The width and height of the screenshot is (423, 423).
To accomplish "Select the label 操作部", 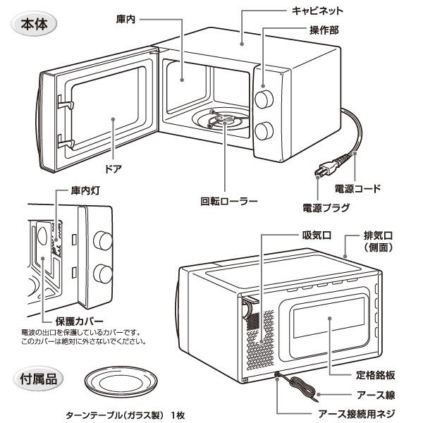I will click(x=324, y=30).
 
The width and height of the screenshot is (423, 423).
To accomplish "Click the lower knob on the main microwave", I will click(x=265, y=131).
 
